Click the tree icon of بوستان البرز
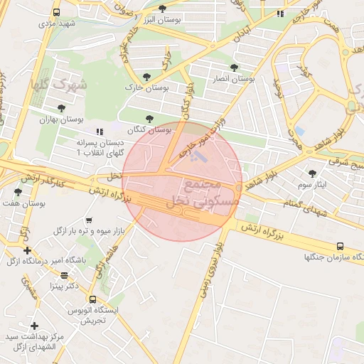163,9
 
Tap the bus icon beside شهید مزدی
57,13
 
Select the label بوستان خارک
140,87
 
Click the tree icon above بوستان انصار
235,68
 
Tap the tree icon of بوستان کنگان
149,119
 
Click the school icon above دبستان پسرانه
99,132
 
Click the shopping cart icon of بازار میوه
89,220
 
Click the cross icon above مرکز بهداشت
34,325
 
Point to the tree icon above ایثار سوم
311,173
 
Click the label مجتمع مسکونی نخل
193,194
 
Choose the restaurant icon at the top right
280,13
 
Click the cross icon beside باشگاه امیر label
27,250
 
